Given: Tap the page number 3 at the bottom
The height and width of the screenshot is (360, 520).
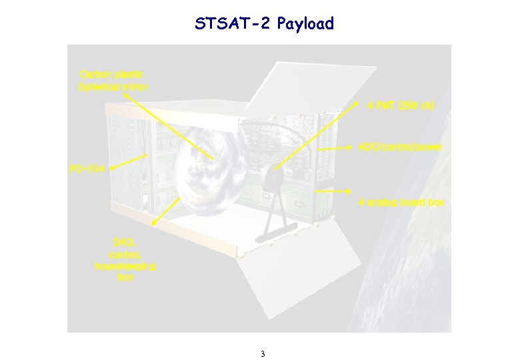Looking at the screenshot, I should (x=263, y=353).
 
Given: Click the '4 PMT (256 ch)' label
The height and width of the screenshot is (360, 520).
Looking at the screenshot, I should (x=401, y=105).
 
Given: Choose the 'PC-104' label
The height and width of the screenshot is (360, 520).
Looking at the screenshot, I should (x=87, y=169).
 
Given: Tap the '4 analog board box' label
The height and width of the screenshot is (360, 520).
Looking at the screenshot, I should (x=401, y=202).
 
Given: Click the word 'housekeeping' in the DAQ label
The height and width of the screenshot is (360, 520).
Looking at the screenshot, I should (x=125, y=266).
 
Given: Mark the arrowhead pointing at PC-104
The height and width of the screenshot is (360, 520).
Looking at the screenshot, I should (x=112, y=168).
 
